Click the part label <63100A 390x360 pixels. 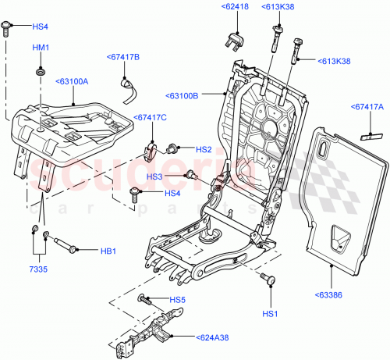(72, 80)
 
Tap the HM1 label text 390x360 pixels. (40, 49)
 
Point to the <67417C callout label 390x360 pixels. (150, 118)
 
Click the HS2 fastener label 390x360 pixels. (204, 149)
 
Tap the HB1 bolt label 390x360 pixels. (108, 251)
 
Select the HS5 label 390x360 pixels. (178, 300)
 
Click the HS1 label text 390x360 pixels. (271, 313)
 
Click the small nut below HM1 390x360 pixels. (38, 73)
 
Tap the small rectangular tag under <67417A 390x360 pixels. (366, 134)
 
